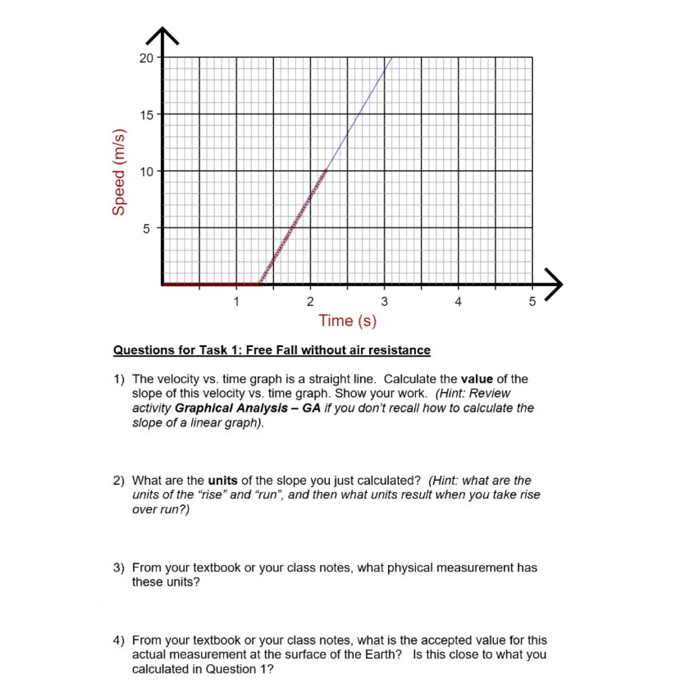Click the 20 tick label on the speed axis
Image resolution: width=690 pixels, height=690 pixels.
pyautogui.click(x=146, y=58)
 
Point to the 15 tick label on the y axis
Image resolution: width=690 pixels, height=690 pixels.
pyautogui.click(x=146, y=115)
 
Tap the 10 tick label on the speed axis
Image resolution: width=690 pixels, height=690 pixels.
pyautogui.click(x=146, y=172)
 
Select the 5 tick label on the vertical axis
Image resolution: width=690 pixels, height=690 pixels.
pyautogui.click(x=146, y=229)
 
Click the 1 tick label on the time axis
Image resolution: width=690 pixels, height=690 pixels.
pyautogui.click(x=236, y=301)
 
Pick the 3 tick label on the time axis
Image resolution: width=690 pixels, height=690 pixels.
pyautogui.click(x=384, y=301)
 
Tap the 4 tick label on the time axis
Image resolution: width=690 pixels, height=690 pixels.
pyautogui.click(x=458, y=301)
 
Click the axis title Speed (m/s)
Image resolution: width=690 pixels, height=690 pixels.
pyautogui.click(x=118, y=172)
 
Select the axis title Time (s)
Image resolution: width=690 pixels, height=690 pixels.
pyautogui.click(x=347, y=321)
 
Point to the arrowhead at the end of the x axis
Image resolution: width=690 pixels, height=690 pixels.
pyautogui.click(x=555, y=284)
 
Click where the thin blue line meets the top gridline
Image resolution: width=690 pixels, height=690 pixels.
pyautogui.click(x=392, y=57)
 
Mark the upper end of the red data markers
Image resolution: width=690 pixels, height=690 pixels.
pyautogui.click(x=325, y=171)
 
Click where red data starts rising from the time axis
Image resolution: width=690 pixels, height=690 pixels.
pyautogui.click(x=259, y=284)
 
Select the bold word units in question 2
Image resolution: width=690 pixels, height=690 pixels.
pyautogui.click(x=222, y=480)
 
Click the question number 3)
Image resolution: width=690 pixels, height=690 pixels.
pyautogui.click(x=119, y=567)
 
